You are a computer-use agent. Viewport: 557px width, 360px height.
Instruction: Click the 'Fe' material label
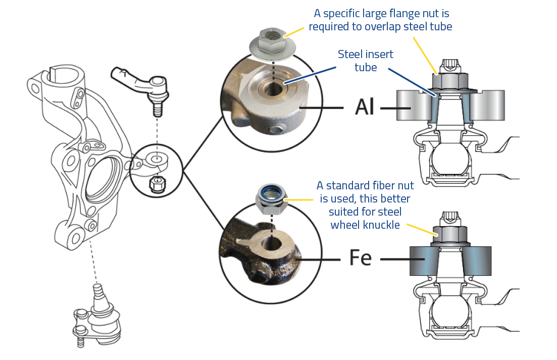(x=361, y=258)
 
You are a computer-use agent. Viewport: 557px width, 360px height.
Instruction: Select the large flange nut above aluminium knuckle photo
(x=272, y=42)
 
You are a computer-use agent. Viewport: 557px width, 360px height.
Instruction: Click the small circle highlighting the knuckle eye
(x=156, y=169)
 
